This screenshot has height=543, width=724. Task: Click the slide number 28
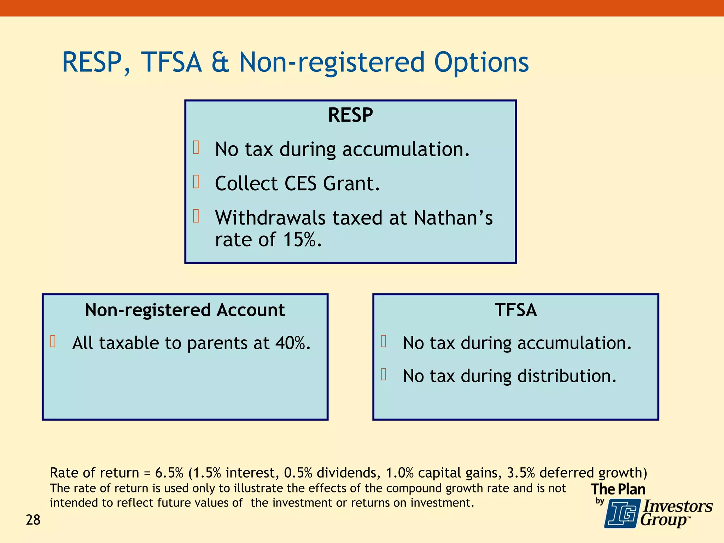33,520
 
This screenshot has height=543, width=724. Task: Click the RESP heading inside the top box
350,115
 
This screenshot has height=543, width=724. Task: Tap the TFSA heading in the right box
515,310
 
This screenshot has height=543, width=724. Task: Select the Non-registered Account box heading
185,310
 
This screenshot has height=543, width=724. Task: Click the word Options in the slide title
481,63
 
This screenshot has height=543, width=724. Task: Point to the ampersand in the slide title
220,63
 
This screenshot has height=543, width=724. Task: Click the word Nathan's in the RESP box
453,218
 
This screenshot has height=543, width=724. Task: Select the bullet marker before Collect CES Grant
196,182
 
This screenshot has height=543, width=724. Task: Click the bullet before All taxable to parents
53,341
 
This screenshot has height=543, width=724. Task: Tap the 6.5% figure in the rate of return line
169,473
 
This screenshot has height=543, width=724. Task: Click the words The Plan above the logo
618,489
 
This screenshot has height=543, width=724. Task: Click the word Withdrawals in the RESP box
270,218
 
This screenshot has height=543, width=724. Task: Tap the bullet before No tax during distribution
384,374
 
